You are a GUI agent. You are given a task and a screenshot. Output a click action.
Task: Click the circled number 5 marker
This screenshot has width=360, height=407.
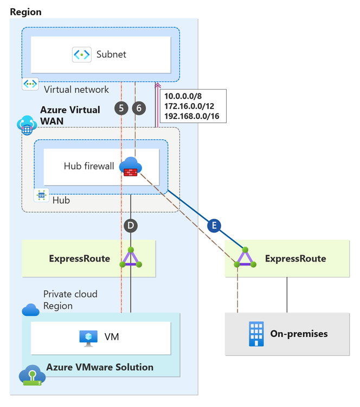(121, 108)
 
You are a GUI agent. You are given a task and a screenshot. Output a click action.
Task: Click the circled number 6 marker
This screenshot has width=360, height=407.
(139, 108)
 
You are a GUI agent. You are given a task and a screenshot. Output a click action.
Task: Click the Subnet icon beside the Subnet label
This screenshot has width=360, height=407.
(81, 54)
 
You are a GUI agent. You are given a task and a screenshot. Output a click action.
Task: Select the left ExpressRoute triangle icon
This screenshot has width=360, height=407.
(130, 258)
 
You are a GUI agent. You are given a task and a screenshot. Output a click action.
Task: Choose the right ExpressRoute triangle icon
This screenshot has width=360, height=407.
(246, 258)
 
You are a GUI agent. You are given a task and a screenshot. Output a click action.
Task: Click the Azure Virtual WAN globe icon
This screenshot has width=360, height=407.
(26, 125)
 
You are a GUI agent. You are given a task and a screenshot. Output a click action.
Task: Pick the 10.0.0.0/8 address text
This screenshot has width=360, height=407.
(183, 96)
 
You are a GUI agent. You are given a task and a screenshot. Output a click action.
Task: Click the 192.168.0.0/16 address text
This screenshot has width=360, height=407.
(195, 116)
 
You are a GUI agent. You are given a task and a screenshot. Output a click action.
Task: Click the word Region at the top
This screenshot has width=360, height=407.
(25, 12)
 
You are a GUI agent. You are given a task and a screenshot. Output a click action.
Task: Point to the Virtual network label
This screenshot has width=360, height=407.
(76, 90)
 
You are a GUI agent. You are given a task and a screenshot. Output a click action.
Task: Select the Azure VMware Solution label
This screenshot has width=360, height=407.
(100, 367)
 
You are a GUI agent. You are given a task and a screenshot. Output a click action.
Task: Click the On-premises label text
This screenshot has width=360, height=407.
(299, 334)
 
